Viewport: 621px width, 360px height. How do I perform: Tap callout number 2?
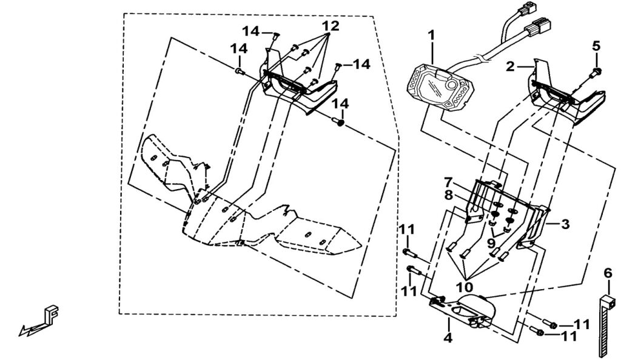point(510,67)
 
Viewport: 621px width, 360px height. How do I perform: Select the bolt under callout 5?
point(597,72)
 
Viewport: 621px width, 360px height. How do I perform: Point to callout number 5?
point(596,46)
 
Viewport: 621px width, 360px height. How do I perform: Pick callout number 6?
point(608,273)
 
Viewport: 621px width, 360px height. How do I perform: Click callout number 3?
point(565,224)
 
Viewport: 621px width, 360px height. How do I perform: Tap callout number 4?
point(448,338)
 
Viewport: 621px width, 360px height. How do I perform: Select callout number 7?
point(448,182)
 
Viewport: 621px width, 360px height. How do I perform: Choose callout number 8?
point(448,195)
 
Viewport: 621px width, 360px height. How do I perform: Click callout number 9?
point(491,242)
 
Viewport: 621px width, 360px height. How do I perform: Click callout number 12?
point(331,26)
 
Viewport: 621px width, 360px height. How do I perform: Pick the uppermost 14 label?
point(250,30)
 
